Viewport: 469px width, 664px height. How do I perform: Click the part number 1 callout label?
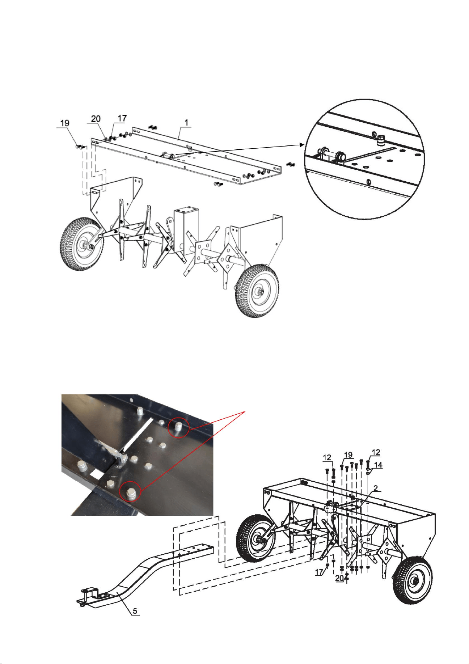pos(186,122)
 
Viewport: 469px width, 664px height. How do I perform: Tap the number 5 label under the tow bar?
pos(135,611)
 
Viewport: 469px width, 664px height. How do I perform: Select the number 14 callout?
pos(378,465)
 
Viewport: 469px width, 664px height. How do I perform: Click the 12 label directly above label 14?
pos(376,452)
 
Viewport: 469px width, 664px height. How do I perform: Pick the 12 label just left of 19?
pos(327,458)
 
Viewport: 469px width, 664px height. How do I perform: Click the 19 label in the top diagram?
pos(65,123)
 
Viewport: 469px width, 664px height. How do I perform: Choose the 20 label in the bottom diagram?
pos(339,578)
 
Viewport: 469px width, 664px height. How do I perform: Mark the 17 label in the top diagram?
pos(122,118)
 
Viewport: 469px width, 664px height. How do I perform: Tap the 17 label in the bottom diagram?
pos(319,572)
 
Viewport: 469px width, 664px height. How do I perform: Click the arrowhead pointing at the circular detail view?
pos(302,144)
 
